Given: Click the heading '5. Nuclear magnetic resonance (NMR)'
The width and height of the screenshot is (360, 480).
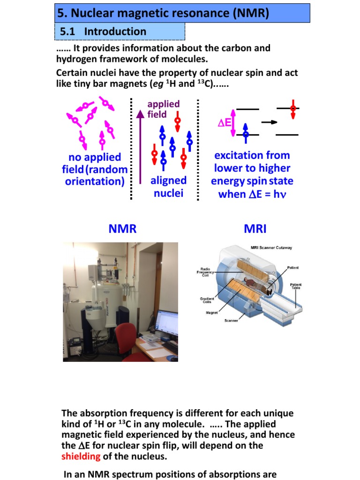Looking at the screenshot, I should click(x=163, y=13).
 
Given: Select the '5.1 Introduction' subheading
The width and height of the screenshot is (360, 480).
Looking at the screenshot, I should click(x=103, y=32).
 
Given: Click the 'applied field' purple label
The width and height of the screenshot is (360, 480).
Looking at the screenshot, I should click(x=163, y=109).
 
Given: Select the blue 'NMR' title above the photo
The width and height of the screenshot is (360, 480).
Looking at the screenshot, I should click(x=122, y=229).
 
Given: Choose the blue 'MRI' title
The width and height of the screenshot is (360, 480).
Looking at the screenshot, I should click(x=255, y=229).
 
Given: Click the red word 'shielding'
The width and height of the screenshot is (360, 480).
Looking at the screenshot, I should click(x=81, y=457).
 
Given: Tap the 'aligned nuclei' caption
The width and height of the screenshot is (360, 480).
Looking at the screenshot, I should click(x=168, y=187).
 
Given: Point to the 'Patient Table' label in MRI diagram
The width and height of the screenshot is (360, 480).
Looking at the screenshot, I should click(x=296, y=286).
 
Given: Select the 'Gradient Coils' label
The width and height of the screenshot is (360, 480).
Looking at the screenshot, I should click(x=207, y=300).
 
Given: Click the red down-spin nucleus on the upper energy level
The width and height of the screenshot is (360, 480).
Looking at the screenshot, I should click(x=293, y=109).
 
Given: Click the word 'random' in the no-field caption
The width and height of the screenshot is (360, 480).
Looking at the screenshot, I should click(x=106, y=169).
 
